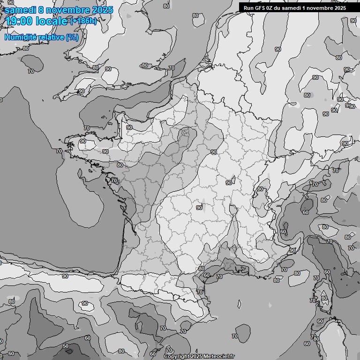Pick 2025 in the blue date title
point(102,10)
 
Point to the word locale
point(53,21)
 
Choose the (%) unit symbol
point(72,37)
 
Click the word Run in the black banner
point(249,7)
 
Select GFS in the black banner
point(260,7)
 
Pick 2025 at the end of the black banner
point(340,7)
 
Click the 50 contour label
point(66,346)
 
